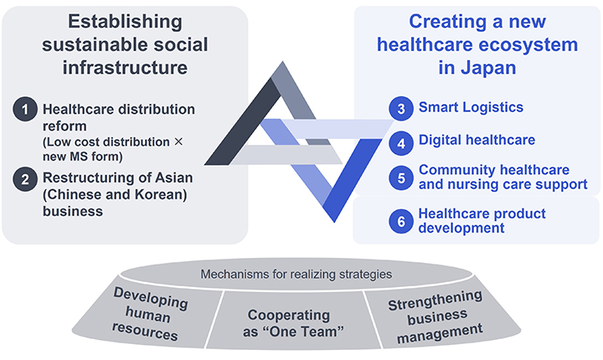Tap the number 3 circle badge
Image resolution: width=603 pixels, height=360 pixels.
point(402,107)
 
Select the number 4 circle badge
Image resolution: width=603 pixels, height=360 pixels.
point(402,141)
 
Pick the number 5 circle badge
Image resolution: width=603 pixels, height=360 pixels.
point(402,177)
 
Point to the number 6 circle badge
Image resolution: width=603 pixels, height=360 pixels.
point(402,221)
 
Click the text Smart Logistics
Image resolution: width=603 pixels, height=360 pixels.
point(471,107)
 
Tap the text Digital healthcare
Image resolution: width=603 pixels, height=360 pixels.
point(477,141)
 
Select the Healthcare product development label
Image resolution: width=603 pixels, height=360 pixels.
point(482,221)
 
